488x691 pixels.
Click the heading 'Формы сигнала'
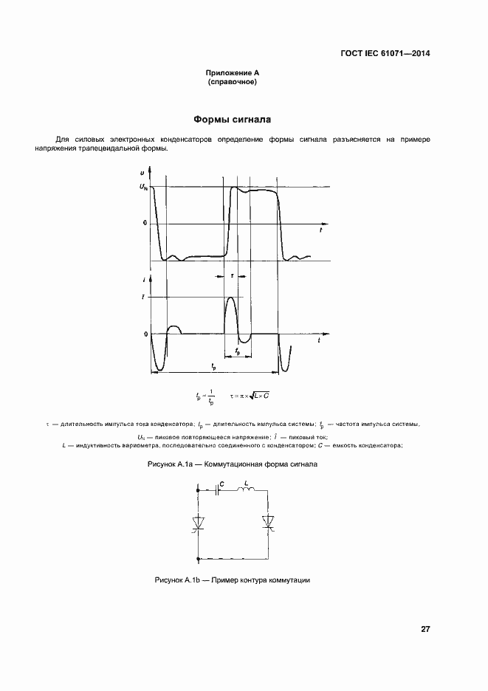[232, 119]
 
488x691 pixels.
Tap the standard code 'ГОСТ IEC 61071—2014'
[385, 53]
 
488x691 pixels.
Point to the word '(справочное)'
[233, 81]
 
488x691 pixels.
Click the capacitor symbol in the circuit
[219, 489]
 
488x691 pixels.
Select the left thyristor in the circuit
[198, 523]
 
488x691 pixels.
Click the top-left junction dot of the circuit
[198, 489]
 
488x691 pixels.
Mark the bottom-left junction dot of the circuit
[198, 557]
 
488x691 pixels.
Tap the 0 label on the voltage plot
[145, 222]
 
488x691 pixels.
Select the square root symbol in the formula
[250, 396]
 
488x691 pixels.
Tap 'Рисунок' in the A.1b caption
[171, 580]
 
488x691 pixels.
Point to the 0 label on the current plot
[145, 334]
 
